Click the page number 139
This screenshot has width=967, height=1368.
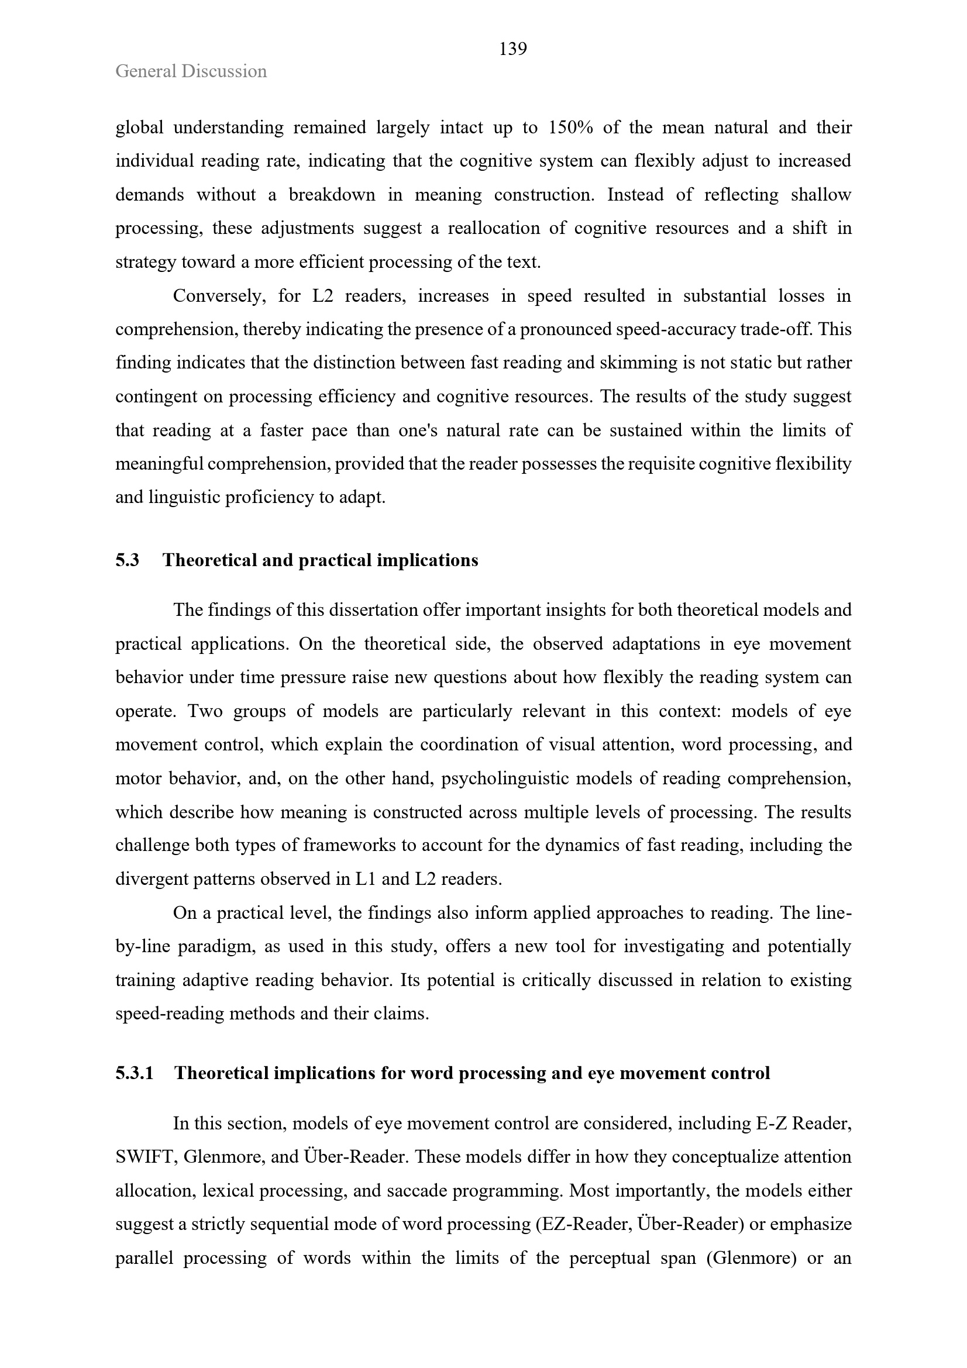click(512, 49)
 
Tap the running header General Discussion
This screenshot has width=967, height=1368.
click(191, 71)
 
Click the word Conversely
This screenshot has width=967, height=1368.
click(219, 296)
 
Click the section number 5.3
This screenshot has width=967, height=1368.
click(127, 560)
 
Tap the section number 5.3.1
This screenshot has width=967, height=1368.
click(135, 1073)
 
